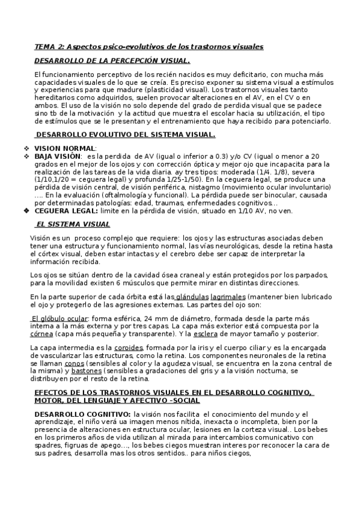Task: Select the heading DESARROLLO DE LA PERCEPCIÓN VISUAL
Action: (112, 61)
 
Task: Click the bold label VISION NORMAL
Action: (64, 148)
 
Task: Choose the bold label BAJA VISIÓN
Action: (58, 156)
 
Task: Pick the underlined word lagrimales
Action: (228, 296)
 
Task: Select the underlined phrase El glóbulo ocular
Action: (60, 318)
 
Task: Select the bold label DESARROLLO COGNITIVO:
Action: (82, 414)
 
